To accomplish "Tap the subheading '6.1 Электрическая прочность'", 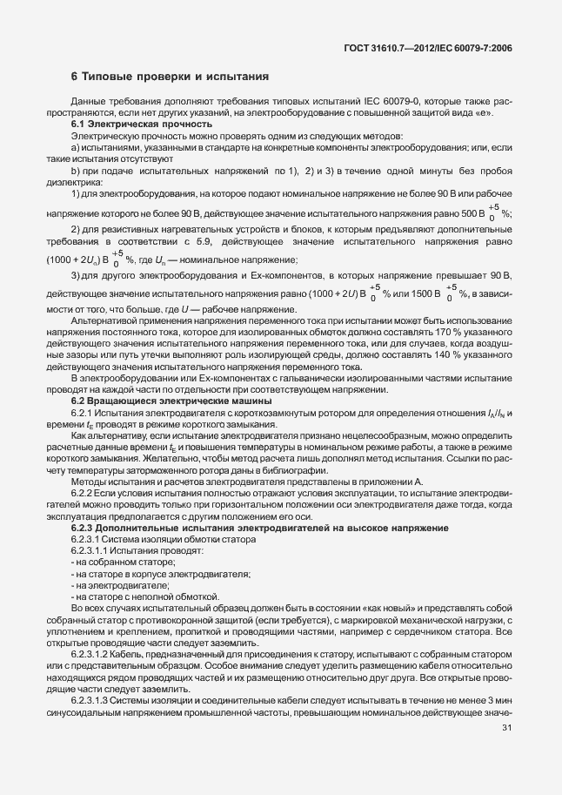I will [127, 125].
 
